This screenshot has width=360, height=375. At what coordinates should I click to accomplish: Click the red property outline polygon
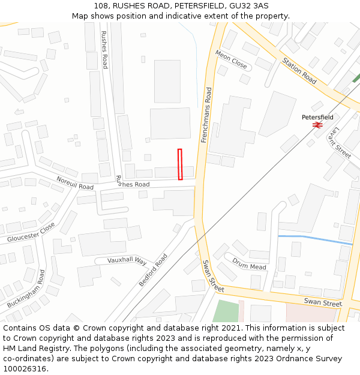(180, 164)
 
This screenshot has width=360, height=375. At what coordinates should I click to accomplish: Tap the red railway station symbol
(317, 125)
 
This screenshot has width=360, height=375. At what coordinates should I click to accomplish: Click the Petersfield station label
(317, 117)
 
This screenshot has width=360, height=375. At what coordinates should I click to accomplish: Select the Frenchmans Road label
(208, 115)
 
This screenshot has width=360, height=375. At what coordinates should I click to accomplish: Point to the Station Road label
(299, 70)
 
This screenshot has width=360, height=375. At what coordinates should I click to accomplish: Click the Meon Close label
(231, 59)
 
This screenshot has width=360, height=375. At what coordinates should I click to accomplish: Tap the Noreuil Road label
(75, 183)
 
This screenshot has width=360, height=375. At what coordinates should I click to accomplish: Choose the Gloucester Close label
(31, 232)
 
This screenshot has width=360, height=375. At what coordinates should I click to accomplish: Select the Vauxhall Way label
(127, 260)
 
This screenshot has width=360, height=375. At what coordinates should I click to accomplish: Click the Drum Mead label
(249, 263)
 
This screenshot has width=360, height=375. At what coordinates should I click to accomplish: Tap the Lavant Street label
(343, 142)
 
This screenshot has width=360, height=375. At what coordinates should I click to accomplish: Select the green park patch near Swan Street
(226, 311)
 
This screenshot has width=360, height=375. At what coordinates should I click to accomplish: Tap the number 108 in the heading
(100, 6)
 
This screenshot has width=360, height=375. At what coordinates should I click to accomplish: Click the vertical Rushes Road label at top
(104, 49)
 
